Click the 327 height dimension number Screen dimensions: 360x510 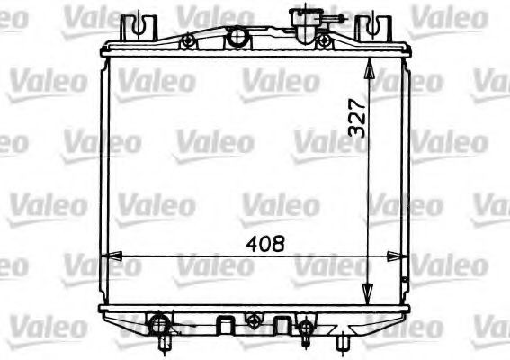pyautogui.click(x=357, y=117)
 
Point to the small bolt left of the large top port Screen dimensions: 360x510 pyautogui.click(x=187, y=41)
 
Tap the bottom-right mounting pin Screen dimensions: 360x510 pyautogui.click(x=344, y=343)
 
